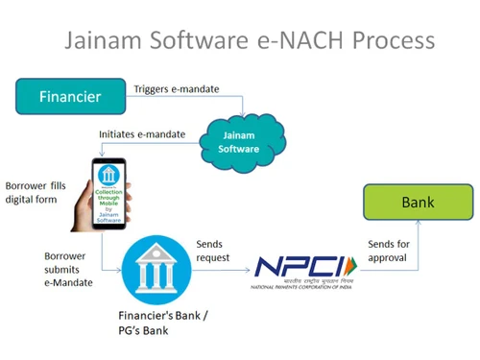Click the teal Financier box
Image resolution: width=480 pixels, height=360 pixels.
click(x=70, y=96)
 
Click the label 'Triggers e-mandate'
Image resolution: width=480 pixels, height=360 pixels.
click(x=177, y=89)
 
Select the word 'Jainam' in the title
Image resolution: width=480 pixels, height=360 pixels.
click(x=106, y=41)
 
